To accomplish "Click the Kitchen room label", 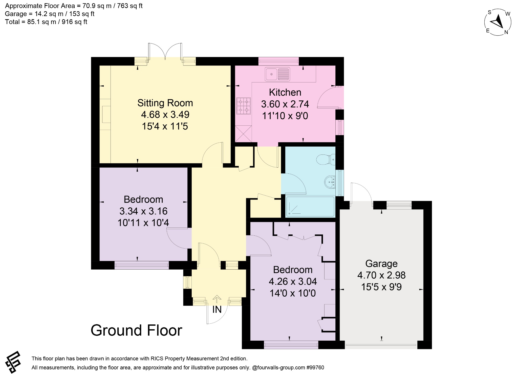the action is click(285, 92).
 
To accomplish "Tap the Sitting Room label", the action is click(165, 103).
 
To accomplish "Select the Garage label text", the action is click(381, 264).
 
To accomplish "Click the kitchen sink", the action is click(277, 74).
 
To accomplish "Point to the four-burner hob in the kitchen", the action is click(244, 106).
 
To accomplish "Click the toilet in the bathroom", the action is click(326, 159).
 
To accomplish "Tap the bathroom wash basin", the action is click(330, 182).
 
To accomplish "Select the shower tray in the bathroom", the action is click(310, 207).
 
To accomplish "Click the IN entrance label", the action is click(217, 310).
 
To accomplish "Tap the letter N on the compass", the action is click(506, 32).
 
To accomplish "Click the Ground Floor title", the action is click(136, 330).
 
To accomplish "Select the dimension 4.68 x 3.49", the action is click(165, 115).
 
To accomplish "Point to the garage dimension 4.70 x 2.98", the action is click(381, 275).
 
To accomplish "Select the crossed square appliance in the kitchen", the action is click(244, 134).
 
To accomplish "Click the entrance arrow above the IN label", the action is click(217, 299).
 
